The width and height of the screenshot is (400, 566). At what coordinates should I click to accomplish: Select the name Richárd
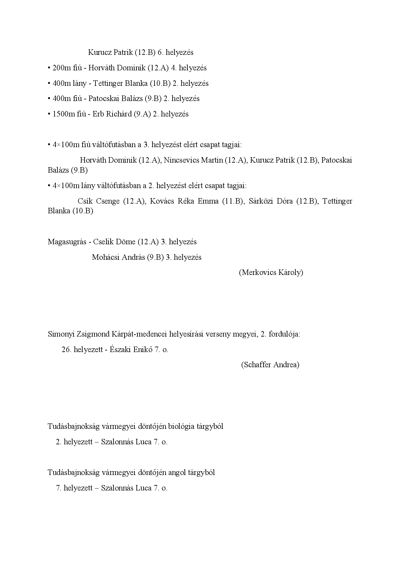(x=119, y=114)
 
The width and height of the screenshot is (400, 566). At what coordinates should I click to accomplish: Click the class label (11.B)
(x=232, y=201)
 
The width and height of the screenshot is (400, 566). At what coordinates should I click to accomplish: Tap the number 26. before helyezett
(x=66, y=349)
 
